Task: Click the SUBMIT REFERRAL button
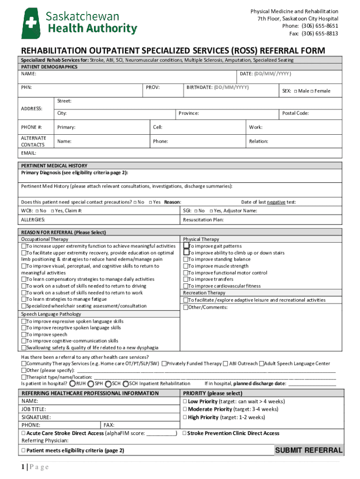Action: pyautogui.click(x=309, y=450)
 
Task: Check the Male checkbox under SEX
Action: pyautogui.click(x=296, y=91)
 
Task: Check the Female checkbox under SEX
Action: pyautogui.click(x=312, y=91)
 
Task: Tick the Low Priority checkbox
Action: pyautogui.click(x=185, y=402)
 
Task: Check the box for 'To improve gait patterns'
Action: pyautogui.click(x=186, y=246)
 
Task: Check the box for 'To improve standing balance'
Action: pyautogui.click(x=186, y=260)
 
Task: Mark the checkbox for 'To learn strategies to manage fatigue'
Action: pyautogui.click(x=23, y=299)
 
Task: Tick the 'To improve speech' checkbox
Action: pyautogui.click(x=23, y=335)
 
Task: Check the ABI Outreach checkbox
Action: pyautogui.click(x=226, y=363)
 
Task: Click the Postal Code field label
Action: pyautogui.click(x=295, y=113)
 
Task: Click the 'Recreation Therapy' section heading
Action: pyautogui.click(x=204, y=293)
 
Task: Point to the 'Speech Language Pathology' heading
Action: pyautogui.click(x=51, y=314)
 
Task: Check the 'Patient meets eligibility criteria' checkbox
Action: pyautogui.click(x=23, y=451)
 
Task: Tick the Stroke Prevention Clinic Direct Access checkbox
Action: pyautogui.click(x=184, y=433)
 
